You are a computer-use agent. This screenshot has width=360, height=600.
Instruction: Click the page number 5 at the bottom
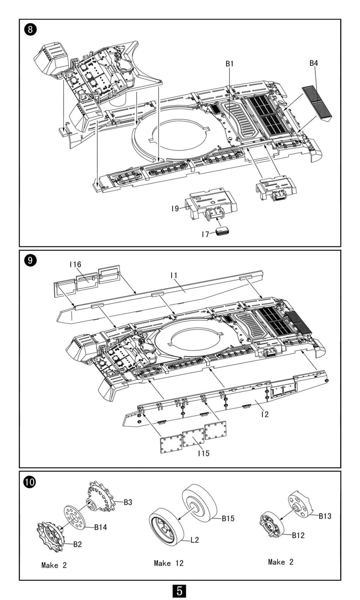tap(179, 591)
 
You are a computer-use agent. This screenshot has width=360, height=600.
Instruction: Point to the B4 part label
tap(314, 63)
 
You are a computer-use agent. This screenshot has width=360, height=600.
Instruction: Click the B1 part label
tap(230, 64)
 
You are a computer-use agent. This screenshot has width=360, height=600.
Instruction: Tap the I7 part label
tap(205, 234)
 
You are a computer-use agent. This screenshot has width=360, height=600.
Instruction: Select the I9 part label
tap(175, 208)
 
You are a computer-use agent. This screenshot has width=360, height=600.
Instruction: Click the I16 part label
tap(76, 264)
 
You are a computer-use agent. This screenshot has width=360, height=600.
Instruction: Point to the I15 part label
tap(204, 453)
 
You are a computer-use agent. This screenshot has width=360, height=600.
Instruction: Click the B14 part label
tap(101, 527)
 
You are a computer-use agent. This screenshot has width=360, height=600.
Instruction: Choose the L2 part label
tap(194, 540)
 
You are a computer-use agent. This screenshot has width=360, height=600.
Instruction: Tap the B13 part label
tap(325, 516)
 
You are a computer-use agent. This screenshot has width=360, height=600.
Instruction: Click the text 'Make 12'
tap(169, 563)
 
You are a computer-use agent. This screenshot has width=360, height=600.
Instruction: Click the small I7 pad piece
tap(222, 232)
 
